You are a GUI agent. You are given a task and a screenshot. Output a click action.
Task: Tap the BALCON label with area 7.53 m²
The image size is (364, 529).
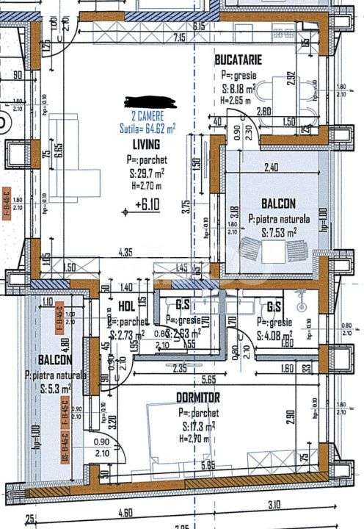point(278,203)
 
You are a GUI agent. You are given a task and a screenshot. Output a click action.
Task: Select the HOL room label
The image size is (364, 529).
point(125,307)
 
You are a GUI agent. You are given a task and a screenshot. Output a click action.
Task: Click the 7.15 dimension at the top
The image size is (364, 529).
point(178,37)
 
